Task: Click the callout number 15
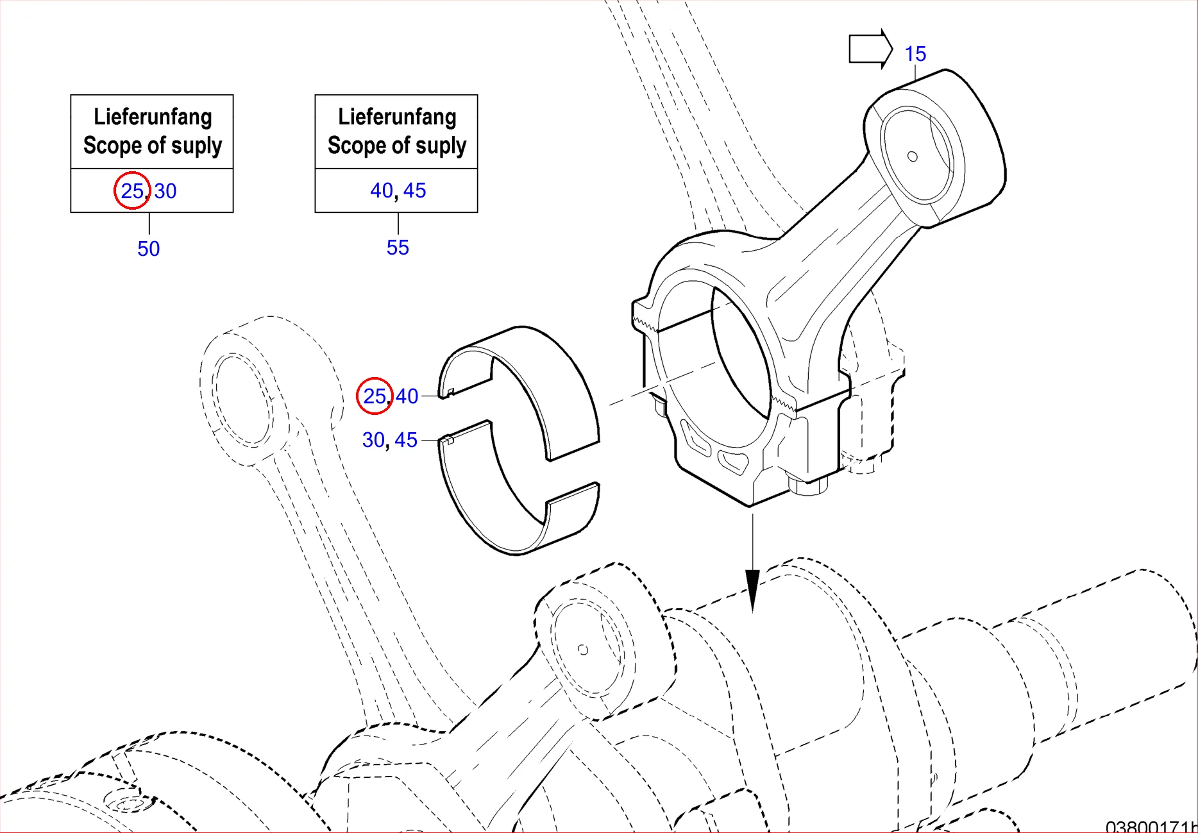915,54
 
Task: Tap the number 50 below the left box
148,249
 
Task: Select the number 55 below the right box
398,248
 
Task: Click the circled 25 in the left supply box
132,190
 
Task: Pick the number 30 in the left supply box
165,191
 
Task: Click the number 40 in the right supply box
382,190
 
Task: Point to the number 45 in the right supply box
415,190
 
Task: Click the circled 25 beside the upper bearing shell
375,396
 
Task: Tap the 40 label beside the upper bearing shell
407,396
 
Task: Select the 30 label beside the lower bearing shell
373,440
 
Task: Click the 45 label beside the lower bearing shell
406,440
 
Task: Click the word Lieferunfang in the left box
153,117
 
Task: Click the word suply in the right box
441,146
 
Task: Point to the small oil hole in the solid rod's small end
913,156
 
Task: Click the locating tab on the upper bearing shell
450,392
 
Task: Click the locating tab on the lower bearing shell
450,440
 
